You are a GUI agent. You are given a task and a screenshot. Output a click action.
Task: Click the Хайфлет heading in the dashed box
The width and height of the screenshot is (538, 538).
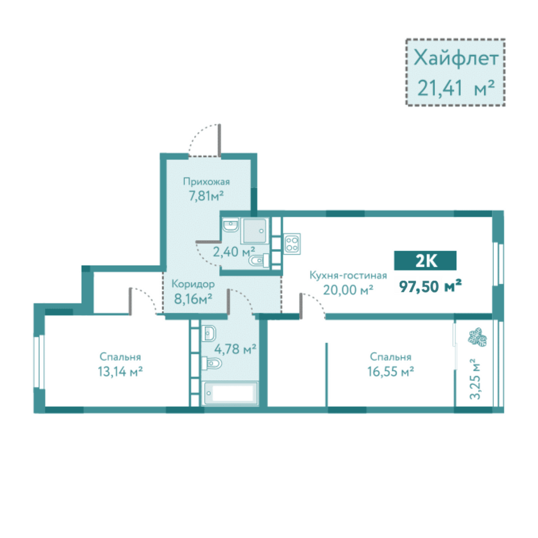[x=456, y=58]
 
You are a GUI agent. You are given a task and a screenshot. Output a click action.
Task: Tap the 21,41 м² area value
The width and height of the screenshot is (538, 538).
[x=456, y=88]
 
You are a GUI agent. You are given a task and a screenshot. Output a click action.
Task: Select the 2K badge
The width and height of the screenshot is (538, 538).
[x=425, y=261]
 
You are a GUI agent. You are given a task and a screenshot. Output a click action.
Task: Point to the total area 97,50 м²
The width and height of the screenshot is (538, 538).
[x=430, y=286]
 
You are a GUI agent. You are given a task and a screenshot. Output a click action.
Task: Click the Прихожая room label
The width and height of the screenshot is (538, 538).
[x=206, y=182]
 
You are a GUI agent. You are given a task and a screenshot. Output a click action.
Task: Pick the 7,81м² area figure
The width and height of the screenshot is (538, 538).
[x=206, y=196]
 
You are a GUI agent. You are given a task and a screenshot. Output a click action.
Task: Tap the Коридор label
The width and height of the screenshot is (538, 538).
[x=193, y=285]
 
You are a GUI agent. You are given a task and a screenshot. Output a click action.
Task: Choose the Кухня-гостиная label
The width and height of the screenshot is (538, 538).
[x=348, y=275]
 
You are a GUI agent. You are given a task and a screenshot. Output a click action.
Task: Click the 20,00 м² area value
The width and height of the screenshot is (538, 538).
[x=348, y=291]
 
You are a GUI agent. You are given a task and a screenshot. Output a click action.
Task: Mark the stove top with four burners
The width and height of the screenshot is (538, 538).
[x=292, y=244]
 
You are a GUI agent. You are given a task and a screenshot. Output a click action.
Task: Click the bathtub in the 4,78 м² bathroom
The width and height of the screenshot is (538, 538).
[x=231, y=393]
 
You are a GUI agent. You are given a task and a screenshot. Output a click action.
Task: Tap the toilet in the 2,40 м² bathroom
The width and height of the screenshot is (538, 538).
[x=259, y=261]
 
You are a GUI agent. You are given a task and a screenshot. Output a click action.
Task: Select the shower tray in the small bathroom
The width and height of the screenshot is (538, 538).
[x=254, y=231]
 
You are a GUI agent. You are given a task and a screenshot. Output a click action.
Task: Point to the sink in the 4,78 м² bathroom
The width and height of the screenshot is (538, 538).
[x=209, y=334]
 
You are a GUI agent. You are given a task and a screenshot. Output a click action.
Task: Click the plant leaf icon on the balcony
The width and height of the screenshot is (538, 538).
[x=477, y=337]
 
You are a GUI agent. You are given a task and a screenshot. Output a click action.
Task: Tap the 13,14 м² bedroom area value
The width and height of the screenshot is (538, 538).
[x=120, y=372]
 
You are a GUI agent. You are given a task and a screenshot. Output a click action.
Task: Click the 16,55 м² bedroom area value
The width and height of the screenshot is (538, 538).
[x=391, y=372]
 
